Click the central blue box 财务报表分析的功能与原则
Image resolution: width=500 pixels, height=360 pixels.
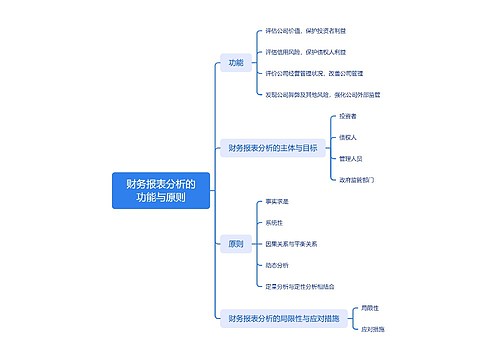pos(161,190)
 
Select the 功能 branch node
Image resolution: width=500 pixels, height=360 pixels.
pos(236,63)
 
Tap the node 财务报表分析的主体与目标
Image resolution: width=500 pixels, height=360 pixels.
pos(272,148)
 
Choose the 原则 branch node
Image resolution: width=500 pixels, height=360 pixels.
pos(236,243)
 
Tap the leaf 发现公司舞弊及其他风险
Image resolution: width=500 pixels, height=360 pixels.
pos(322,94)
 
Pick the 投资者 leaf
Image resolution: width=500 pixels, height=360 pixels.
pos(348,117)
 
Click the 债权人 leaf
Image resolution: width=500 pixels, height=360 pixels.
pos(348,137)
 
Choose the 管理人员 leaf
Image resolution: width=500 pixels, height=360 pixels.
pos(351,158)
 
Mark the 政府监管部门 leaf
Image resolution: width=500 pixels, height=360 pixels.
pos(356,179)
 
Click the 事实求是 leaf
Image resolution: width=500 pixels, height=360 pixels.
pos(278,201)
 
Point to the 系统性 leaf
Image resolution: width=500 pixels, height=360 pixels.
pos(275,222)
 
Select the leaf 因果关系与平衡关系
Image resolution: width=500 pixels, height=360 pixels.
pos(292,243)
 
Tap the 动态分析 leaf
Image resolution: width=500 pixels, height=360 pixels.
pos(278,265)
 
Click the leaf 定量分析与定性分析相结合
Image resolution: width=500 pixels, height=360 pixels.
pos(300,286)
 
